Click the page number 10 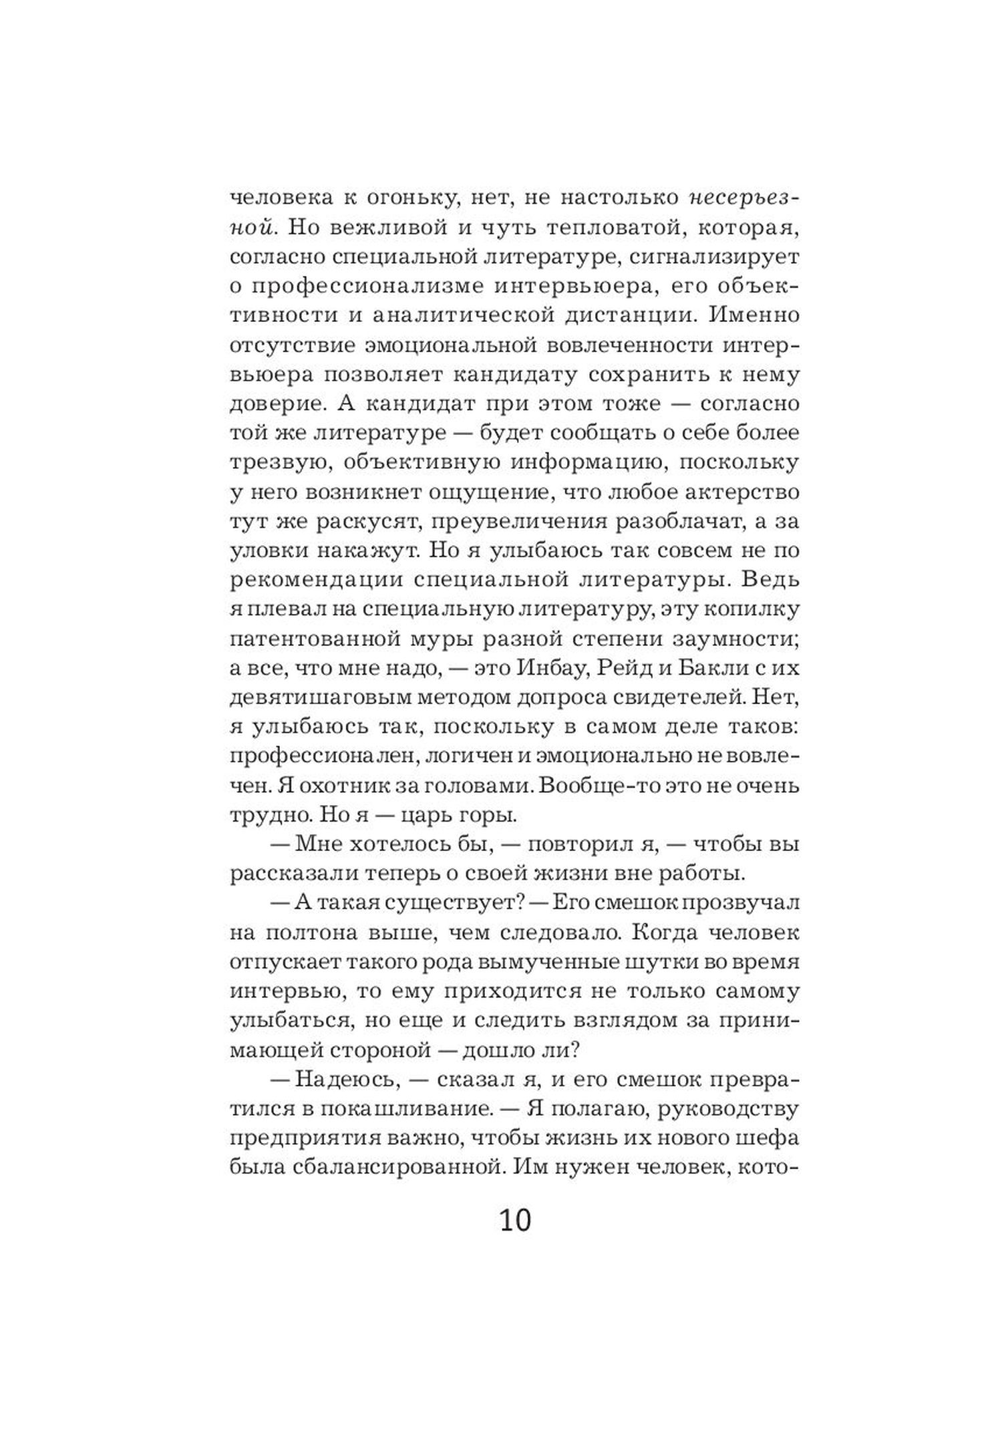pos(514,1219)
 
